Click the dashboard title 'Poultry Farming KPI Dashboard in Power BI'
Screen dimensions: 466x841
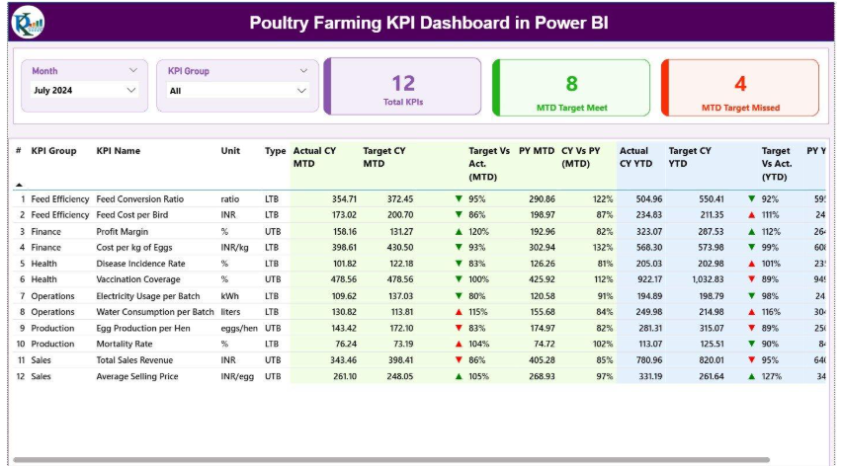coord(430,22)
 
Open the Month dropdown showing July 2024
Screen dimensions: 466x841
coord(84,90)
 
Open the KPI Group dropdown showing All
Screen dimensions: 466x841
coord(238,90)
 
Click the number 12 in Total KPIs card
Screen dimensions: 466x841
coord(402,83)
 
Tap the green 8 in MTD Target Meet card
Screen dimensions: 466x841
coord(571,84)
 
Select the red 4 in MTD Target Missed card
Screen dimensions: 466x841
coord(740,84)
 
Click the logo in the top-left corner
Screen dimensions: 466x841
coord(28,22)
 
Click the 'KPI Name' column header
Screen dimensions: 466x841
coord(118,151)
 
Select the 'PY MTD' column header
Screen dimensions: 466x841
coord(536,151)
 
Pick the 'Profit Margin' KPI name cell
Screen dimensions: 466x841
coord(125,231)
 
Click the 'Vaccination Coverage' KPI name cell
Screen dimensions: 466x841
coord(138,279)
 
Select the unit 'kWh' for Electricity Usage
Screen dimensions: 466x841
coord(230,295)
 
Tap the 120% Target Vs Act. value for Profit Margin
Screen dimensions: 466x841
coord(478,231)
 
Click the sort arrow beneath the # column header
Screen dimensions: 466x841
coord(19,185)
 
